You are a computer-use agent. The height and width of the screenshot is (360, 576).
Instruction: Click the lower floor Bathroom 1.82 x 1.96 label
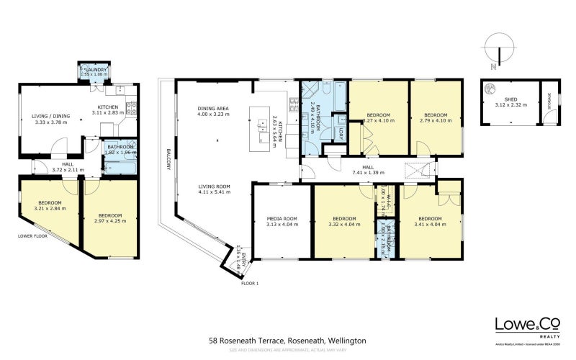120,149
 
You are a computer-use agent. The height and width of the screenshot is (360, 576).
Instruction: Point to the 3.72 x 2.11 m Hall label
68,167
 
